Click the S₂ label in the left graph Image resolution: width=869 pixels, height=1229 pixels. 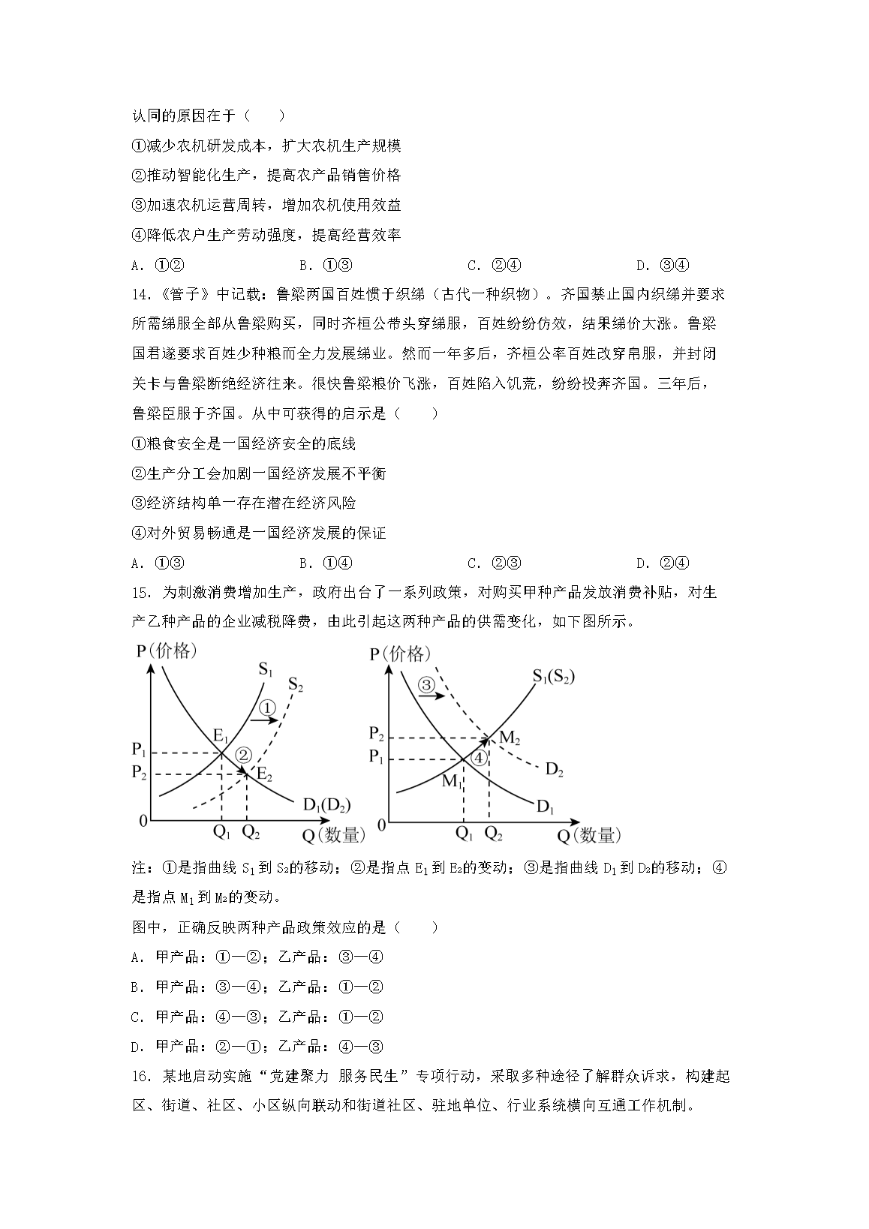[x=295, y=684]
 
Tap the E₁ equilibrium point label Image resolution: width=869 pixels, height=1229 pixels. [x=221, y=735]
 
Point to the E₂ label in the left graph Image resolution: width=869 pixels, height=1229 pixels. [x=263, y=772]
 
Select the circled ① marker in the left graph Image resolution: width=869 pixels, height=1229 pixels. [x=268, y=708]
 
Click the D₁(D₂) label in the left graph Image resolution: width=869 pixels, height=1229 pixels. [x=326, y=805]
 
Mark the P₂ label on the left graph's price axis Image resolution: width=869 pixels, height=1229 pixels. [x=139, y=773]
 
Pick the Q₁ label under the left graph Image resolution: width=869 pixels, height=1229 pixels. [x=221, y=831]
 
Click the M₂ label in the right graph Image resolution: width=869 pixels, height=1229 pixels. [x=510, y=738]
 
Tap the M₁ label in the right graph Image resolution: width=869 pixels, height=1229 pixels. [x=451, y=781]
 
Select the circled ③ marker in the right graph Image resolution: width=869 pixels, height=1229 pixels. [x=426, y=684]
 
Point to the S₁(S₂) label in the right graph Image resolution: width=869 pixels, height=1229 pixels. [x=553, y=676]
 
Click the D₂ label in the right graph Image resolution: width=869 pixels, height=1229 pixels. [x=555, y=769]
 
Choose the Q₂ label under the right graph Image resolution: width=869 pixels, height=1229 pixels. [x=493, y=833]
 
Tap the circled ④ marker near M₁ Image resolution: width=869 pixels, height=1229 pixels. [x=479, y=759]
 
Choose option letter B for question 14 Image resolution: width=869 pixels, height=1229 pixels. [x=304, y=563]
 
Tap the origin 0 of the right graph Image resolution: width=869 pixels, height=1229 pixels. [x=381, y=825]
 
